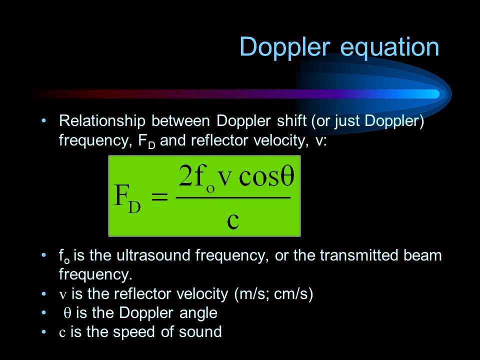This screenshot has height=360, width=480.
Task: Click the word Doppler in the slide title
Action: [284, 47]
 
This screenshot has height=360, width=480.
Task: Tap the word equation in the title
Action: [389, 47]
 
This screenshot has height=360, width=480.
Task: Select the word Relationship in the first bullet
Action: [102, 121]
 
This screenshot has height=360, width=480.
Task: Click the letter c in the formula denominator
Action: [233, 220]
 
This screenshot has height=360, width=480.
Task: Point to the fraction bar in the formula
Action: [233, 197]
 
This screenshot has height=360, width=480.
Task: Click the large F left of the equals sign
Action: [121, 194]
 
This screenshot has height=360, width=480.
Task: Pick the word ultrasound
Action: [153, 255]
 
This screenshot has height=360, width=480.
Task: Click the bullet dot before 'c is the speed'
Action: [44, 332]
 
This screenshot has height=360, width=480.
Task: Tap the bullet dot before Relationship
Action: [44, 120]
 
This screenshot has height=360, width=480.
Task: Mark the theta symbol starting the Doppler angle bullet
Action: [67, 313]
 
